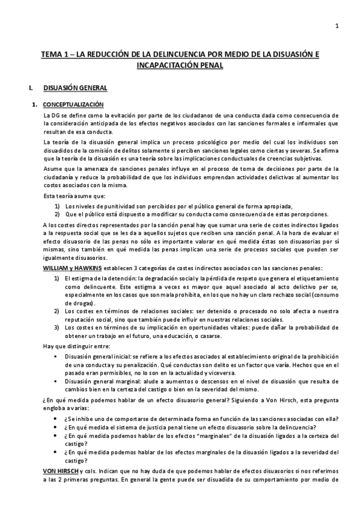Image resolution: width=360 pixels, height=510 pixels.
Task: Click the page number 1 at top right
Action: [337, 25]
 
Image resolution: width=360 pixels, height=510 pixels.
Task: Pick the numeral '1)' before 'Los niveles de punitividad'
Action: [57, 205]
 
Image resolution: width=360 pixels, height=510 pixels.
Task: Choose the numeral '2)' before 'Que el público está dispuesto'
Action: [57, 214]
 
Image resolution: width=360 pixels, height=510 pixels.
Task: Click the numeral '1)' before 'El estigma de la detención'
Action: [57, 278]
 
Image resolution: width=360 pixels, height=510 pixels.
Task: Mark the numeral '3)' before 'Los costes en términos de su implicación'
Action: [57, 329]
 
